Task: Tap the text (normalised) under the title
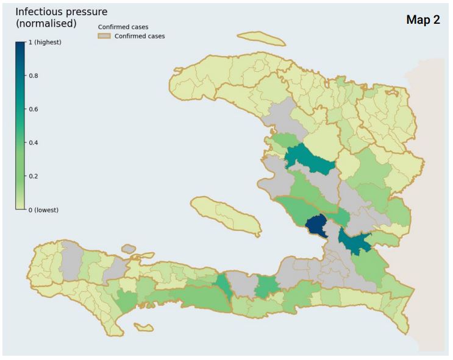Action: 46,24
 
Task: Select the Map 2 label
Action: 423,20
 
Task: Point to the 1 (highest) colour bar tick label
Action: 45,42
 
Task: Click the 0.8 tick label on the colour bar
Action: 34,76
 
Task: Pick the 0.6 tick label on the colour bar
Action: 34,109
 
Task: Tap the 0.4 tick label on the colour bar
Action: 34,143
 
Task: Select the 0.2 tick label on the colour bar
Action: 34,176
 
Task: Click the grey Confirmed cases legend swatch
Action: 104,36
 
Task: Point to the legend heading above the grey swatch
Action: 123,27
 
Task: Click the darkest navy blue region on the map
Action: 316,227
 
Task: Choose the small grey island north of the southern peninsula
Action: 128,249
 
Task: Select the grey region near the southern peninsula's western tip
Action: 73,255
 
